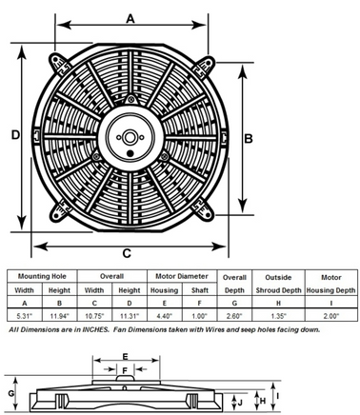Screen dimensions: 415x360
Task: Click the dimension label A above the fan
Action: (130, 16)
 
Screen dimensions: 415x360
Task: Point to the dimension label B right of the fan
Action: (250, 137)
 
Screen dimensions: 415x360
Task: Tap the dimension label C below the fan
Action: (127, 253)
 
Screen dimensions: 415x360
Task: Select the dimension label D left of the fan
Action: (15, 136)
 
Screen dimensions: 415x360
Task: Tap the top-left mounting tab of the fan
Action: (54, 63)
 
